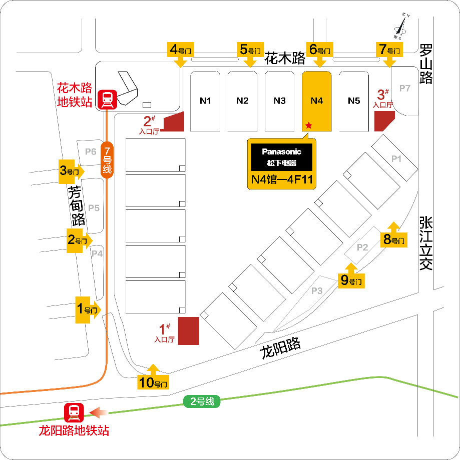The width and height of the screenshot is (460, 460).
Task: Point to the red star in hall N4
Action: tap(309, 125)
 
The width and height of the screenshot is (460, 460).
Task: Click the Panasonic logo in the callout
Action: tap(282, 151)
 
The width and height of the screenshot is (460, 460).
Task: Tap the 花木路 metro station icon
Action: tap(107, 99)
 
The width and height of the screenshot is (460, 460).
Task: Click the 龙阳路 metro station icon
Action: tap(74, 412)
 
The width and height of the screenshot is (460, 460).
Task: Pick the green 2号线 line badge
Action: tap(202, 401)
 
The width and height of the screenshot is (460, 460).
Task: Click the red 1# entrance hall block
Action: tap(189, 330)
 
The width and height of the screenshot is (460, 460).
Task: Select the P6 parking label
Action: tap(91, 152)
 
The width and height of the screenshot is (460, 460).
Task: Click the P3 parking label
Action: tap(317, 291)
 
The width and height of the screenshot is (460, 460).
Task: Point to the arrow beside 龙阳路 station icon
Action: tap(99, 412)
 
